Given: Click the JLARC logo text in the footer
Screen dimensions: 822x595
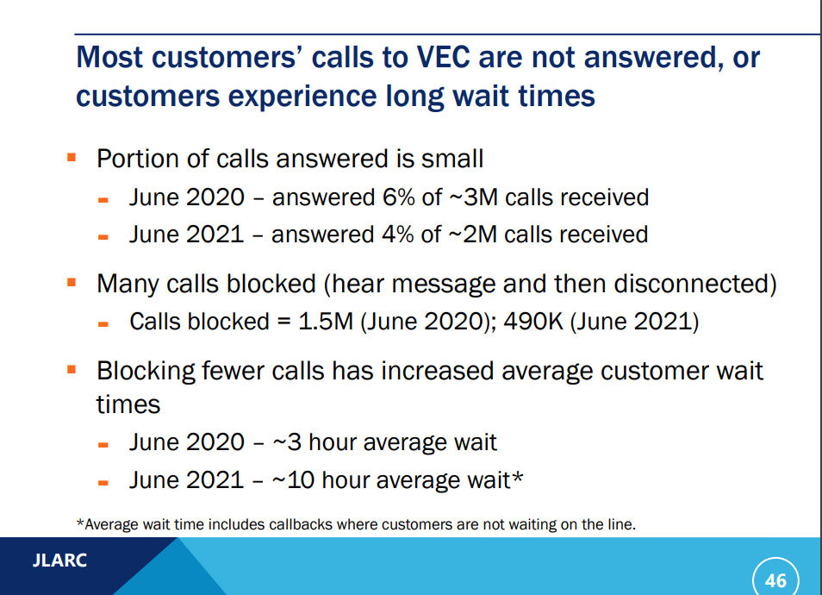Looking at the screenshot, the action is point(59,561).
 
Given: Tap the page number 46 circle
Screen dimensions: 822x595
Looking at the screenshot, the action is point(775,577).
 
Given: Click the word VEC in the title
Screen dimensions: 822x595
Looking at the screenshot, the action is point(444,57).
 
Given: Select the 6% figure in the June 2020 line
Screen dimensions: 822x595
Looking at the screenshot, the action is point(398,197).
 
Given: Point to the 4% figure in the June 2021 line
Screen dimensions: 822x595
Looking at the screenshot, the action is point(397,234).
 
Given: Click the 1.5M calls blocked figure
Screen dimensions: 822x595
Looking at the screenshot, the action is point(326,321).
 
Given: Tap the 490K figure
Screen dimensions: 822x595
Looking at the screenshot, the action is point(533,321).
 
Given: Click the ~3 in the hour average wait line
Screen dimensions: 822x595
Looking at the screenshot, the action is point(287,442).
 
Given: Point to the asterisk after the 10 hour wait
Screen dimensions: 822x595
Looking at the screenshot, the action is point(517,476).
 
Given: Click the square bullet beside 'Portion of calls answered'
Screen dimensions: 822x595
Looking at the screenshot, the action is point(72,157).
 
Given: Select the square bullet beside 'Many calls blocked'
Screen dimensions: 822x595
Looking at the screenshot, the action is point(72,283).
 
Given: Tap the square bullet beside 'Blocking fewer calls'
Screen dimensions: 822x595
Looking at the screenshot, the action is point(72,370).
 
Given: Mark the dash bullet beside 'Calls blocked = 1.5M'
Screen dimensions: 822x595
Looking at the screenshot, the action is point(103,324).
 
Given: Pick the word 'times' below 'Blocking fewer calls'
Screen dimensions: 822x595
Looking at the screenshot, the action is point(128,404).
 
